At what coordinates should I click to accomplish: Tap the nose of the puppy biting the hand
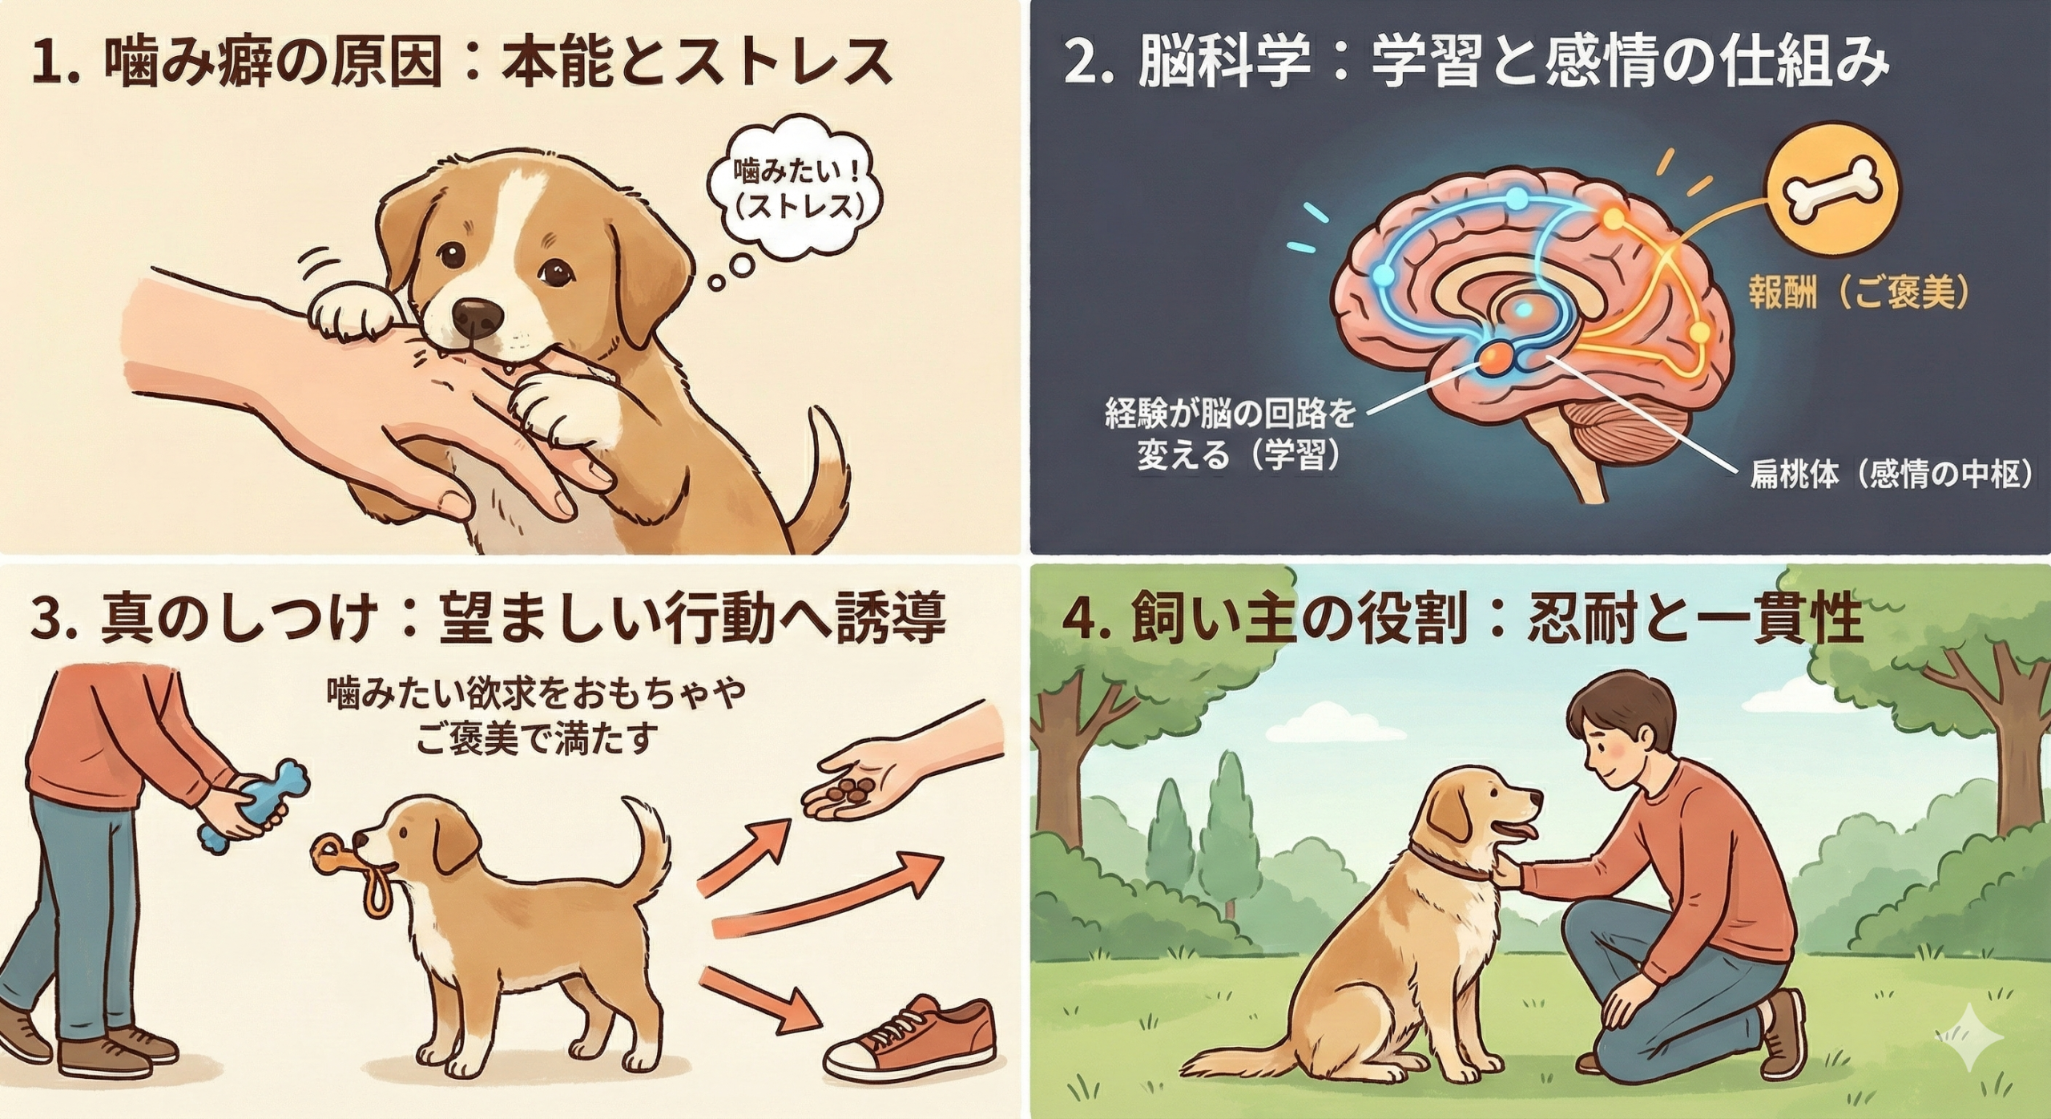478,318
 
